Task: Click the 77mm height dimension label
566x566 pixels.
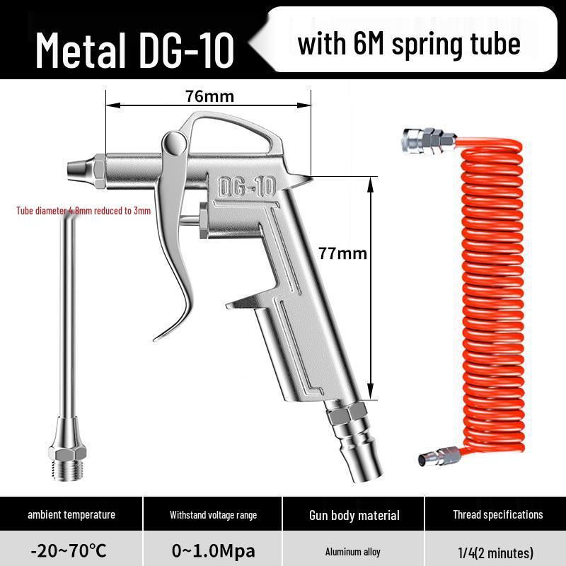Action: pos(343,253)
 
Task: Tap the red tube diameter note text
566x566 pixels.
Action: pos(83,211)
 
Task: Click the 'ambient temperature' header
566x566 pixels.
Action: pos(71,514)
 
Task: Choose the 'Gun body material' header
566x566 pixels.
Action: pos(354,515)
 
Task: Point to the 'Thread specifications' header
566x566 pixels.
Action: pos(497,514)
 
